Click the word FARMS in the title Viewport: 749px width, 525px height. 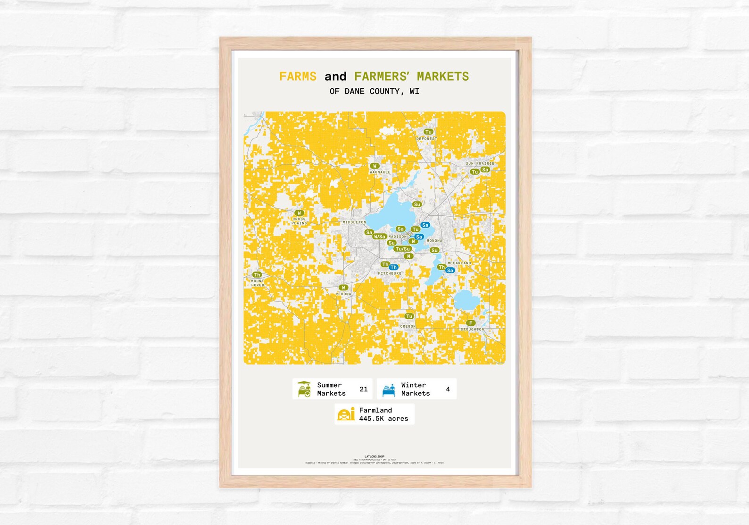point(298,76)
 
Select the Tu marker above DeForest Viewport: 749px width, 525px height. point(428,132)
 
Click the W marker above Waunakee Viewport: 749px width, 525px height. point(374,166)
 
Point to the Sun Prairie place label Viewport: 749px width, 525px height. point(480,163)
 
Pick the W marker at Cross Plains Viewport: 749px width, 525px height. point(299,213)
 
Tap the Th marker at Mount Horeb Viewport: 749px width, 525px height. point(257,275)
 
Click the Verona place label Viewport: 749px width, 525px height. point(343,294)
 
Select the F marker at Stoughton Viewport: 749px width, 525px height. point(470,323)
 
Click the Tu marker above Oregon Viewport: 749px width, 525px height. point(409,316)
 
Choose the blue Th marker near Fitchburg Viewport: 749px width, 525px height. point(393,268)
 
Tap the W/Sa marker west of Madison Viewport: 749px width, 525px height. point(380,237)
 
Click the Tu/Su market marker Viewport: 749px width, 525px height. point(403,249)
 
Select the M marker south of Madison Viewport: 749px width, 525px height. point(408,256)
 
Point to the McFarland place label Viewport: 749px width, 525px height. point(459,263)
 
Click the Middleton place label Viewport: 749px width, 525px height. point(354,222)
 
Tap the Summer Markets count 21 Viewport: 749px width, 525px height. point(363,390)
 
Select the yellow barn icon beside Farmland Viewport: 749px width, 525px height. point(346,414)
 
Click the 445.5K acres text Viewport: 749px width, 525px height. point(383,419)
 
